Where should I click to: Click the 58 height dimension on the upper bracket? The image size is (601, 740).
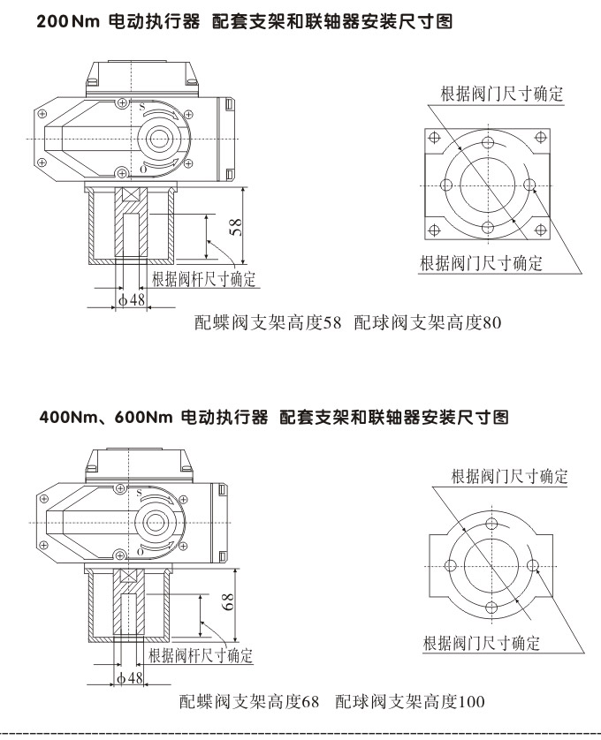point(236,228)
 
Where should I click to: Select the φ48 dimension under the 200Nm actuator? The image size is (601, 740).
point(131,300)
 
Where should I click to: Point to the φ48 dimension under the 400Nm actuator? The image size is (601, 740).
point(130,677)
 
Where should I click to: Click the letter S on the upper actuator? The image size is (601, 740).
point(141,107)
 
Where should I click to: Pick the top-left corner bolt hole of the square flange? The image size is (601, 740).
point(434,138)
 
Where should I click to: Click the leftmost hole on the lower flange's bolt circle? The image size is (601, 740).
point(449,566)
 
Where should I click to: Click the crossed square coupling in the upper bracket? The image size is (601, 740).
point(131,197)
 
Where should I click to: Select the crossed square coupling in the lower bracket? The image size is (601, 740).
point(129,577)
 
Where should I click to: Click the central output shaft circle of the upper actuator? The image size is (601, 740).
point(163,138)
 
